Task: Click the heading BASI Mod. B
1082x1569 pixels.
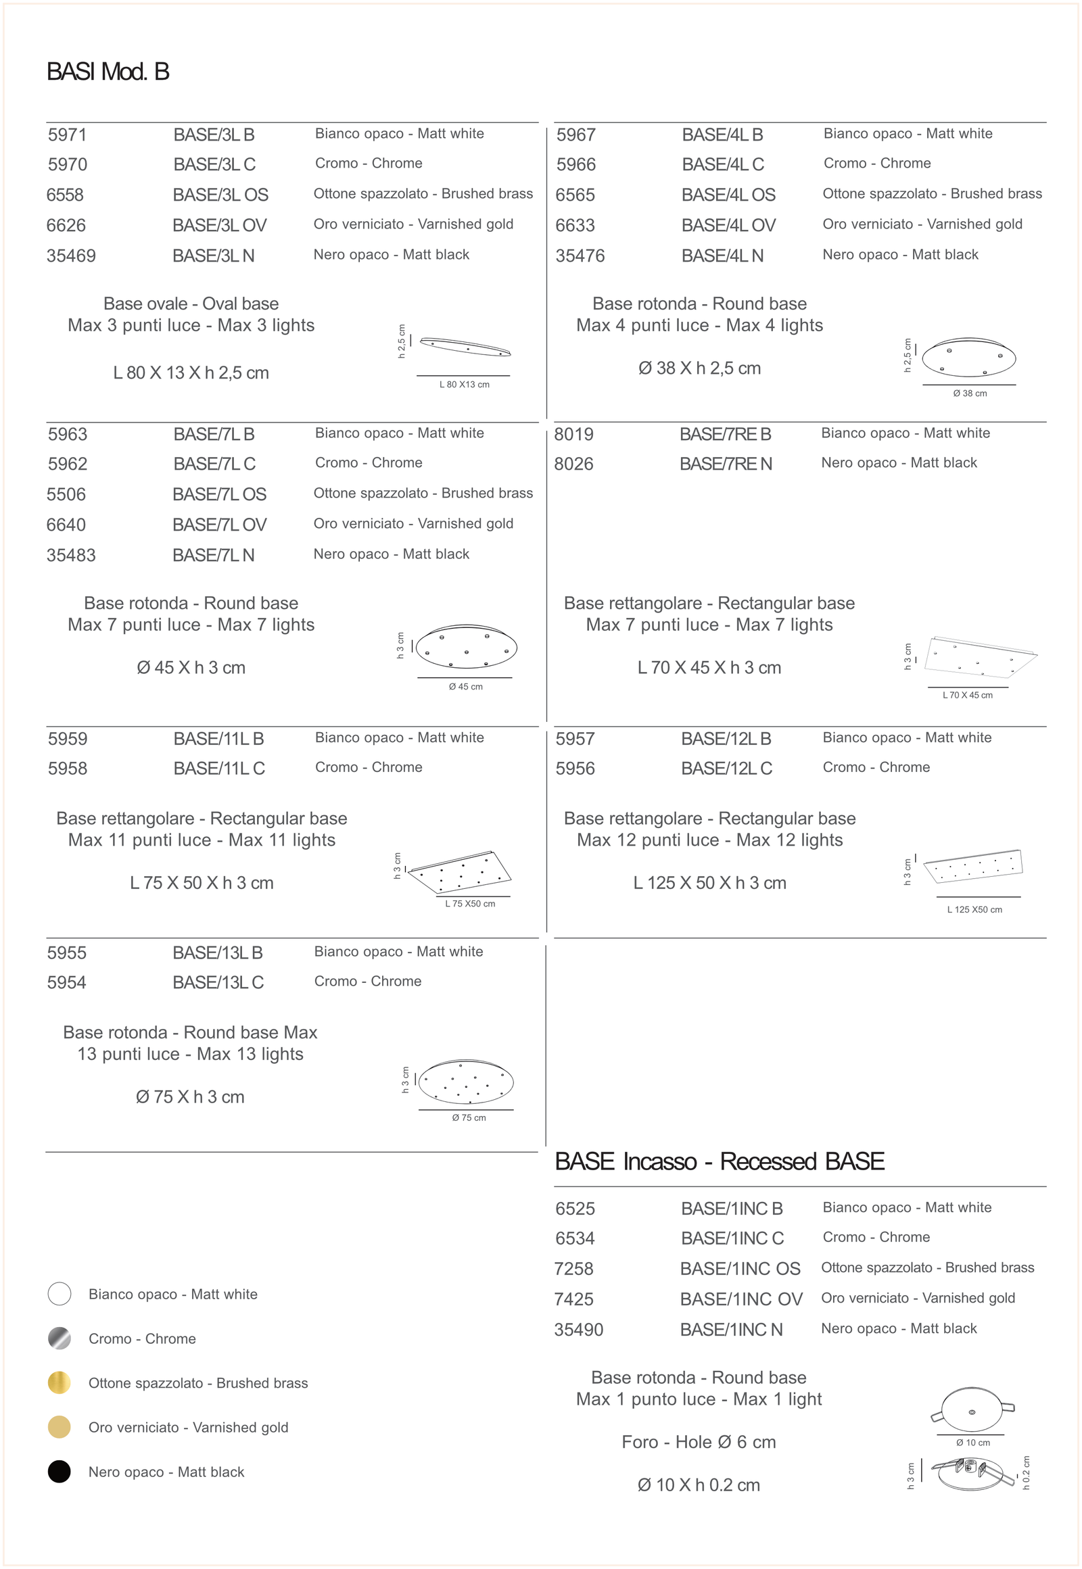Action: (x=108, y=72)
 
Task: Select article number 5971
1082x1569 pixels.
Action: (x=67, y=135)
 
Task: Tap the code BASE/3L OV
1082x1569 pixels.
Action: (x=219, y=225)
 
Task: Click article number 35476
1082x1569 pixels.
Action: (x=580, y=256)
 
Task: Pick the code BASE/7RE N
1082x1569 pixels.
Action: (x=726, y=464)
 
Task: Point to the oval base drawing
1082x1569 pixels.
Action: (x=465, y=346)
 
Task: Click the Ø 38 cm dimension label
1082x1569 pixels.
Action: (x=970, y=393)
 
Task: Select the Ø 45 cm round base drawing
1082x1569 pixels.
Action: (x=467, y=646)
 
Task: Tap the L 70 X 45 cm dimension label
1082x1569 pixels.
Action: (x=968, y=695)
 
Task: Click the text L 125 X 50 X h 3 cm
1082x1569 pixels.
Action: (x=709, y=883)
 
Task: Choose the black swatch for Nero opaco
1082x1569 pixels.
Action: (x=60, y=1472)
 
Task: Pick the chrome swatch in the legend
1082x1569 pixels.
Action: (x=60, y=1338)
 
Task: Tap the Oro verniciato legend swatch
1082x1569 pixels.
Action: (x=60, y=1426)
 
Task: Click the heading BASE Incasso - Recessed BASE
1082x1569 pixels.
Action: (x=720, y=1161)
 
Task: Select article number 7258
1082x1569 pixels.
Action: (x=573, y=1269)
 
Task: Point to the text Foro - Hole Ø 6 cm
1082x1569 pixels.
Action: (x=699, y=1443)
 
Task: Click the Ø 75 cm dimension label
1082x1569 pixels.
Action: (x=469, y=1117)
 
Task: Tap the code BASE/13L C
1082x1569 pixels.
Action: (x=218, y=983)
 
